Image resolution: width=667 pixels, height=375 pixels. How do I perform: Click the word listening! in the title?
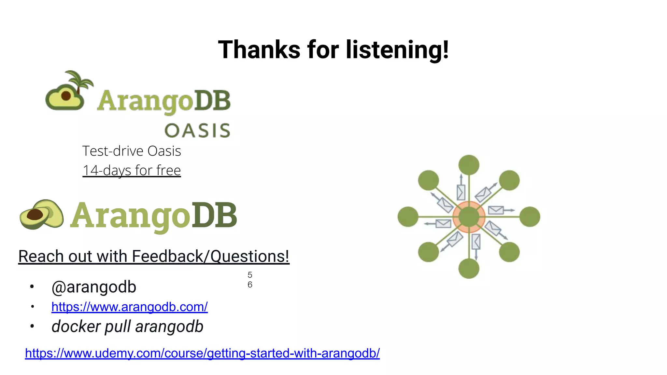pyautogui.click(x=397, y=50)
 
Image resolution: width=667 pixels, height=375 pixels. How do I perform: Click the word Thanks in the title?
pyautogui.click(x=259, y=50)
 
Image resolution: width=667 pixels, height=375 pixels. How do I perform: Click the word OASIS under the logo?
pyautogui.click(x=198, y=131)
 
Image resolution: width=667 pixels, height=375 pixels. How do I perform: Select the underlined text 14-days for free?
pyautogui.click(x=132, y=170)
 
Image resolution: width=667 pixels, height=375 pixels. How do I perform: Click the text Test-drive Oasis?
pyautogui.click(x=132, y=151)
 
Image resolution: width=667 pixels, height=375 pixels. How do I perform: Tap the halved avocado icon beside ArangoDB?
pyautogui.click(x=41, y=215)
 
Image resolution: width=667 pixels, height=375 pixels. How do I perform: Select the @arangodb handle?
pyautogui.click(x=94, y=287)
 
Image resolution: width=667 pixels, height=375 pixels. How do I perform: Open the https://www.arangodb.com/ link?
pyautogui.click(x=129, y=307)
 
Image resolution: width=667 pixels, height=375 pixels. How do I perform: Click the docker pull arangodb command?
pyautogui.click(x=127, y=326)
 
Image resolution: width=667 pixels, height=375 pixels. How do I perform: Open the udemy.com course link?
pyautogui.click(x=202, y=353)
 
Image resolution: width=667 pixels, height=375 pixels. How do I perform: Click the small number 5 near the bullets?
pyautogui.click(x=250, y=275)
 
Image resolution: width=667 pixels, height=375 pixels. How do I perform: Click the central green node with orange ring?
pyautogui.click(x=469, y=216)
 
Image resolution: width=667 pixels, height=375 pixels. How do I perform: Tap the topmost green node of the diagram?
pyautogui.click(x=469, y=165)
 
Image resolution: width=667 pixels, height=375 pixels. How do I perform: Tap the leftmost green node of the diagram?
pyautogui.click(x=408, y=216)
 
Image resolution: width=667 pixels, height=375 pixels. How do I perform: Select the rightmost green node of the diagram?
pyautogui.click(x=530, y=216)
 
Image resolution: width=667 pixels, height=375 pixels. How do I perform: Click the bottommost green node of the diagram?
pyautogui.click(x=469, y=268)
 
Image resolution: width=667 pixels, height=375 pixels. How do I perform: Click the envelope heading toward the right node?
pyautogui.click(x=496, y=210)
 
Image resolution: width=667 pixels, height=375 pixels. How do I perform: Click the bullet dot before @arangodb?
pyautogui.click(x=32, y=287)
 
